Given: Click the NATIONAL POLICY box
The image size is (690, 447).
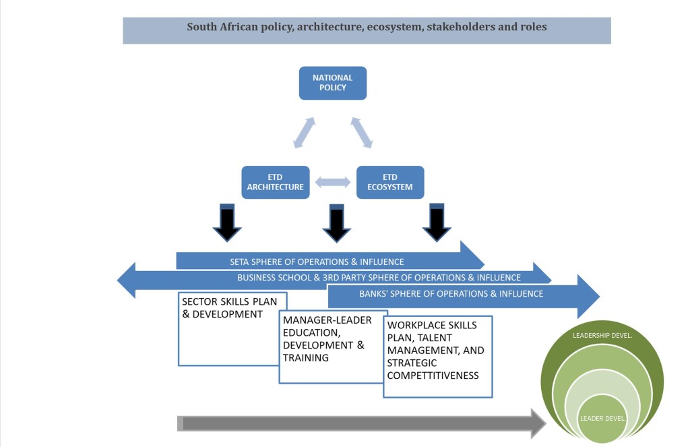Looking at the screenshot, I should (332, 83).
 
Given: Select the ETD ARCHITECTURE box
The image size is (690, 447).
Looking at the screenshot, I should (275, 182).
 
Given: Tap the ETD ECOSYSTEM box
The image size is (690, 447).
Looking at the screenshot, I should (390, 182).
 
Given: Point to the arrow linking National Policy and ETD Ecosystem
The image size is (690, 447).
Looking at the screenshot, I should (361, 132).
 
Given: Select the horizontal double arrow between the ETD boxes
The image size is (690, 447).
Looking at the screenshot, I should (333, 182).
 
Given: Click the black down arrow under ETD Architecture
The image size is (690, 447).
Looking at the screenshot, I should (227, 223).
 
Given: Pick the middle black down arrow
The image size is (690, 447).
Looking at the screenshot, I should (337, 223).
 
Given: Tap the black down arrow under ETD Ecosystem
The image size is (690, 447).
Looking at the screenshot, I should (437, 223).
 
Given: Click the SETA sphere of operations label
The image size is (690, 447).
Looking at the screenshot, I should (317, 262).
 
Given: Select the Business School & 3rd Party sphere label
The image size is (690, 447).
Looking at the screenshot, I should (379, 277).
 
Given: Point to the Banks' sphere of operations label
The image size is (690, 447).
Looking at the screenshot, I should (451, 294).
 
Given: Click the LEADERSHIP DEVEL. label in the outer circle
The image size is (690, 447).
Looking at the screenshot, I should (601, 335).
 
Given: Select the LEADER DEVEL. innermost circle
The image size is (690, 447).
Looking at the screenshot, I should (602, 418).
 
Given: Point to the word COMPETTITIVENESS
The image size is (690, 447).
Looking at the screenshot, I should (433, 375).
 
